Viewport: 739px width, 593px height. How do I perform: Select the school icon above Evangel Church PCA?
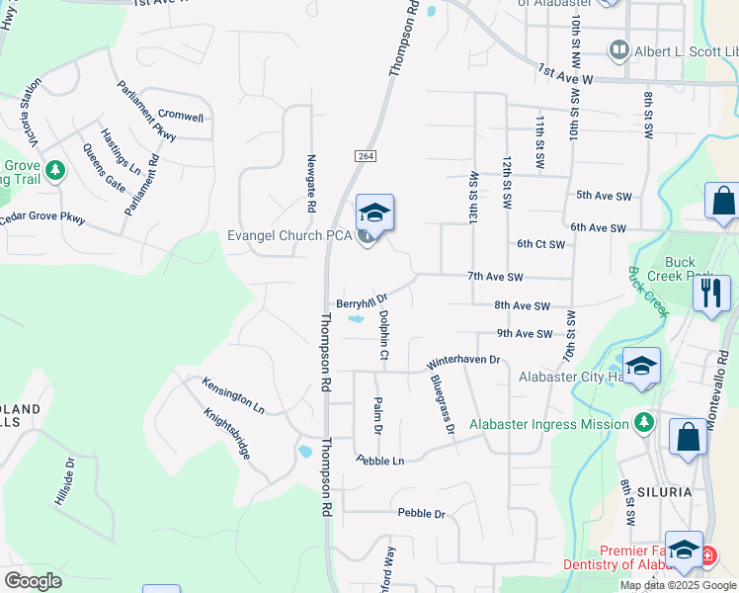[x=374, y=212]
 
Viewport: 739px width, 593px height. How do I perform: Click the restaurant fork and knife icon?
[x=711, y=293]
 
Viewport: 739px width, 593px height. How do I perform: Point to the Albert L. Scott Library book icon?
[x=619, y=49]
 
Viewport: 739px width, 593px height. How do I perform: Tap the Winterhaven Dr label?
[x=465, y=362]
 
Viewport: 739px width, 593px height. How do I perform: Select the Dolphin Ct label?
[x=383, y=335]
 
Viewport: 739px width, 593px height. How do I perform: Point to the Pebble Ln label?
[x=380, y=461]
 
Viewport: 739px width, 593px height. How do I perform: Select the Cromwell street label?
[x=181, y=117]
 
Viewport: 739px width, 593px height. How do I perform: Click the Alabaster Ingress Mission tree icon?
[x=644, y=424]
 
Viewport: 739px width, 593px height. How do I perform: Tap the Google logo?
[x=33, y=581]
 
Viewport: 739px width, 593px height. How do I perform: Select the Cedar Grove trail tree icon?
[x=55, y=170]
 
